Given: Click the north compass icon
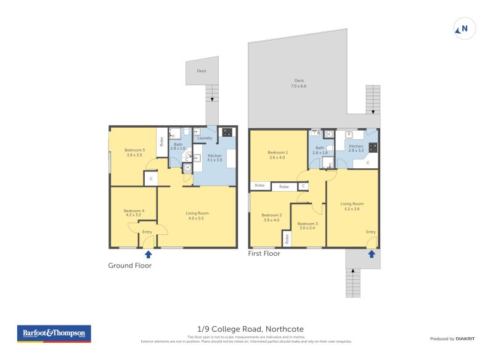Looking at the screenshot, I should (x=465, y=28).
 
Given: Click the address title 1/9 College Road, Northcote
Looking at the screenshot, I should (x=246, y=329).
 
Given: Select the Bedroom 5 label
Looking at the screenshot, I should (x=134, y=152).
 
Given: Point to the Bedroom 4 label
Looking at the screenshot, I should (x=134, y=213).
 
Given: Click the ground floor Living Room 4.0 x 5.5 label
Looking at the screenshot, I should (x=197, y=216).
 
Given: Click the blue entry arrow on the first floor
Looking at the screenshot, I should (x=371, y=253).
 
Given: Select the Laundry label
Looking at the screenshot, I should (x=205, y=138).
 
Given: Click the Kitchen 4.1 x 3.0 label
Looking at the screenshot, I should (x=214, y=158).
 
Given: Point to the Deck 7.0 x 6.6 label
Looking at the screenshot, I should (x=299, y=83).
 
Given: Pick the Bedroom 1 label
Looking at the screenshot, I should (x=277, y=155).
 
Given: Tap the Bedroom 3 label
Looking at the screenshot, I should (x=308, y=226).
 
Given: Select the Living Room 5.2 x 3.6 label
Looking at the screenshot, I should (x=352, y=206).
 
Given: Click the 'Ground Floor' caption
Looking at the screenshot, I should (x=129, y=266).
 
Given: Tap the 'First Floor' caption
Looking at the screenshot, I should (x=264, y=253).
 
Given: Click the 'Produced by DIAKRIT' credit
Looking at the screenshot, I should (x=451, y=338).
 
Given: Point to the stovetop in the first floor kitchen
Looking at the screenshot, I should (x=373, y=148).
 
